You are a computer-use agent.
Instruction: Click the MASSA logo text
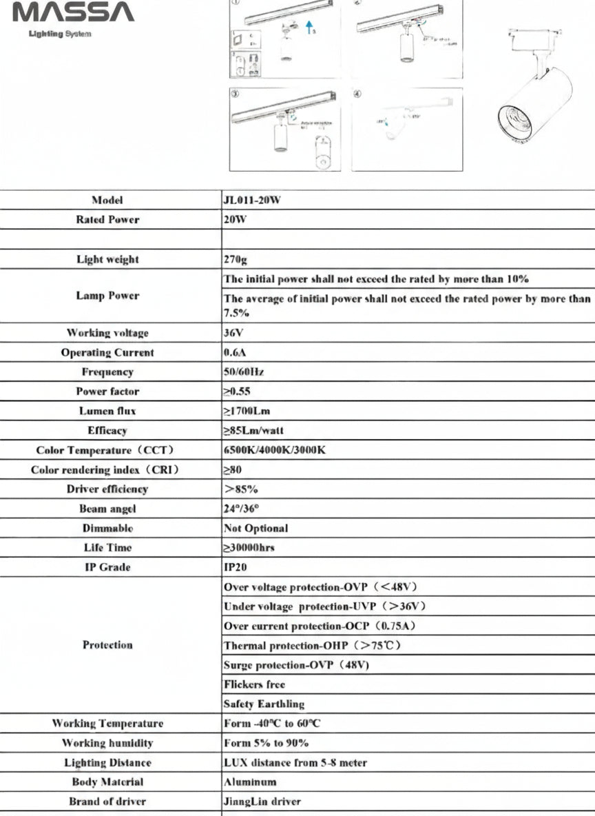pos(73,12)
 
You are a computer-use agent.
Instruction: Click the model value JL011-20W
pos(252,201)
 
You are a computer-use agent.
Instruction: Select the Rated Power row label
pos(107,220)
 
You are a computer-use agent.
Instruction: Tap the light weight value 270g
pos(235,260)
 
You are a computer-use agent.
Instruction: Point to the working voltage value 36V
pos(234,333)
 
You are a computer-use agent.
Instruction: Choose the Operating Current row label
pos(107,353)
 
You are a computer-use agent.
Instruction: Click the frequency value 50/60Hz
pos(244,372)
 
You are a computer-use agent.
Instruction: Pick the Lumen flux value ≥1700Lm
pos(247,411)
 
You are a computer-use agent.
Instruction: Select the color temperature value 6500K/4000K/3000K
pos(275,450)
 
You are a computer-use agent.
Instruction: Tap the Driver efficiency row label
pos(107,489)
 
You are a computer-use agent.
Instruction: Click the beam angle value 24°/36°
pos(242,509)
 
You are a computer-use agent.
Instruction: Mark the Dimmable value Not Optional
pos(256,529)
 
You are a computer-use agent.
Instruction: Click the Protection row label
pos(107,645)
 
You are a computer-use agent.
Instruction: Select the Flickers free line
pos(254,685)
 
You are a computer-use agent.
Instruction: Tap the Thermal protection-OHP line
pos(312,646)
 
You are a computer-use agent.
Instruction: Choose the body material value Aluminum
pos(250,782)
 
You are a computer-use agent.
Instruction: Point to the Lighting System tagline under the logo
pos(60,33)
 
